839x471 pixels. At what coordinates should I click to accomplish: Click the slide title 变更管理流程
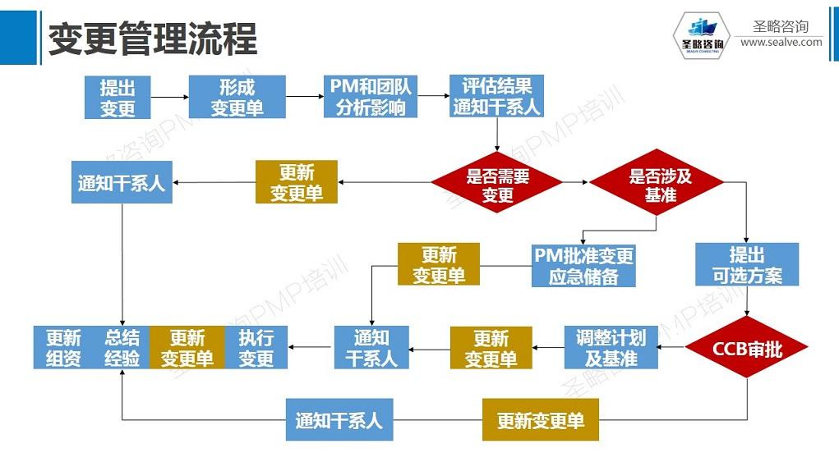(152, 37)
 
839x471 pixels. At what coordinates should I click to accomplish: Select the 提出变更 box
(118, 98)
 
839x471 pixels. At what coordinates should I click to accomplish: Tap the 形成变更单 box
(237, 98)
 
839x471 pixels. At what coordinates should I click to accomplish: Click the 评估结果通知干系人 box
(496, 97)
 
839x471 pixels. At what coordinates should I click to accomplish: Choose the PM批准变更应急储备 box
(584, 266)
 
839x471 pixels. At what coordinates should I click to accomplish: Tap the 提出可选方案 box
(746, 264)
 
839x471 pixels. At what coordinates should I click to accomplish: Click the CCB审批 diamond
(747, 348)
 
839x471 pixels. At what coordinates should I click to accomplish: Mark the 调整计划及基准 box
(611, 348)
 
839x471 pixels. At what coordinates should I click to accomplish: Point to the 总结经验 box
(122, 348)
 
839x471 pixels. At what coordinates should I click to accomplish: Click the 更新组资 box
(63, 348)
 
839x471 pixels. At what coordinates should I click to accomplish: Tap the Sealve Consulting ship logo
(698, 37)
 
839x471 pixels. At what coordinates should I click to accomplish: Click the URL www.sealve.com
(781, 43)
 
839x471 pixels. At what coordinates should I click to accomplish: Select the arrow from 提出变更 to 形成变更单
(170, 97)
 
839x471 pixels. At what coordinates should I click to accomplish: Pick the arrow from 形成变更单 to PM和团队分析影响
(304, 97)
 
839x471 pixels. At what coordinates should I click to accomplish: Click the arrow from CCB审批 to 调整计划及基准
(673, 348)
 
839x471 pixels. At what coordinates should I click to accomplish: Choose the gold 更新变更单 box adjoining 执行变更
(187, 348)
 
